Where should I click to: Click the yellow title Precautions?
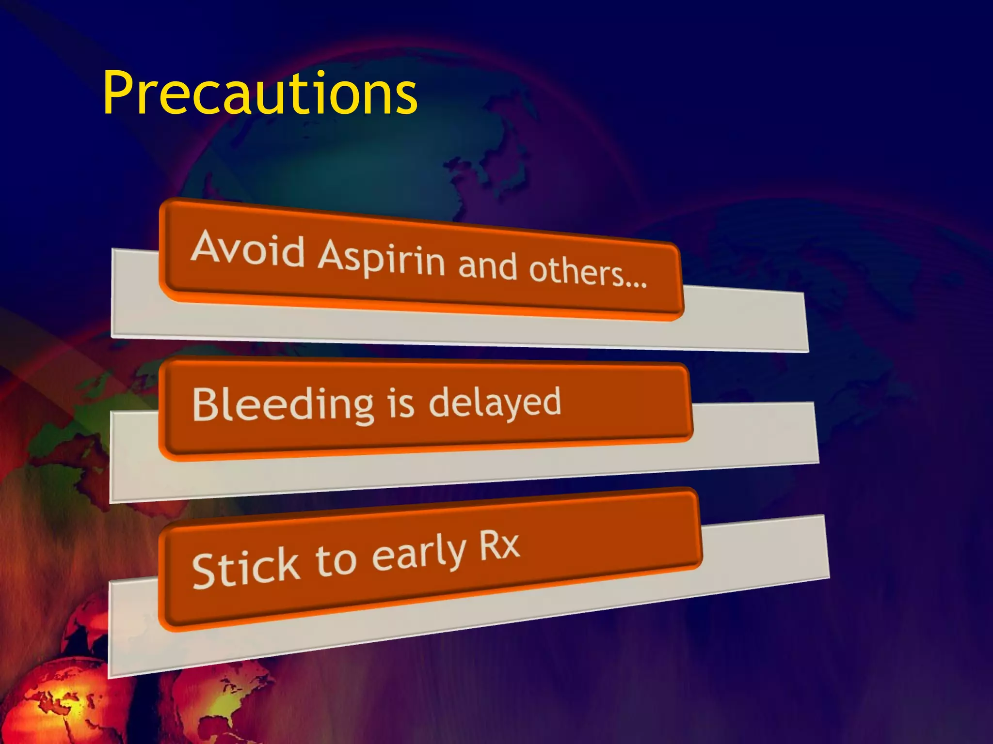260,93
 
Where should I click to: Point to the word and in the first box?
487,266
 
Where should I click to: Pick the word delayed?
495,402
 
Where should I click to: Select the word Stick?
245,568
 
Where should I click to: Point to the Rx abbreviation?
499,546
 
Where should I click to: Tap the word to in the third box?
336,562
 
